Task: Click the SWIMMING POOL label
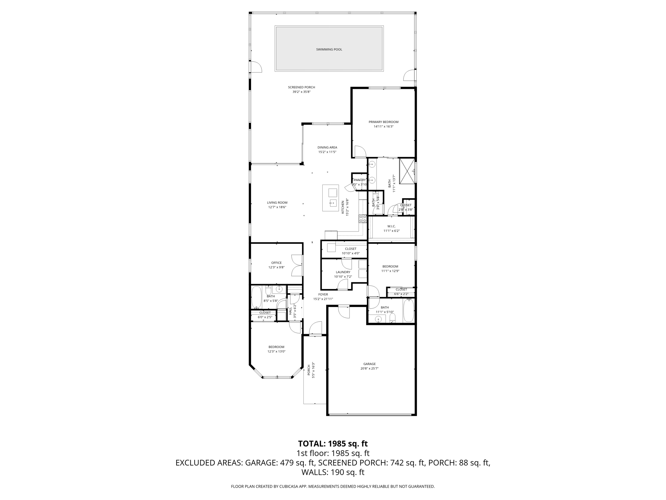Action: [329, 49]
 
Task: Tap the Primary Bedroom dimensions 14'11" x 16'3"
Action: [383, 127]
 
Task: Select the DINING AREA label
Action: [327, 147]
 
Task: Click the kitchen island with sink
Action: [330, 198]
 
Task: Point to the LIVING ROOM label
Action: [277, 202]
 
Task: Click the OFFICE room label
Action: [276, 263]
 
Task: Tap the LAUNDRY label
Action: [343, 272]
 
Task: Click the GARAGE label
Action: [369, 364]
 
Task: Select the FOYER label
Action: [323, 294]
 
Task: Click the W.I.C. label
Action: [391, 226]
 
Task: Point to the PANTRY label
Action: [360, 180]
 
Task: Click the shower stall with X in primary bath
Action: [407, 171]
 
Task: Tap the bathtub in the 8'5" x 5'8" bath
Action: [256, 297]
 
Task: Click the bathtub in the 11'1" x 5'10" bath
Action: [408, 311]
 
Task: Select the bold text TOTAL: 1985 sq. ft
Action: [333, 444]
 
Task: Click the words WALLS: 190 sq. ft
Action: [333, 472]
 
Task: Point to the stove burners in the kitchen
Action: [363, 218]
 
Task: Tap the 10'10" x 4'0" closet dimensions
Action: [351, 253]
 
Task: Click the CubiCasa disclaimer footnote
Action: [333, 487]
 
